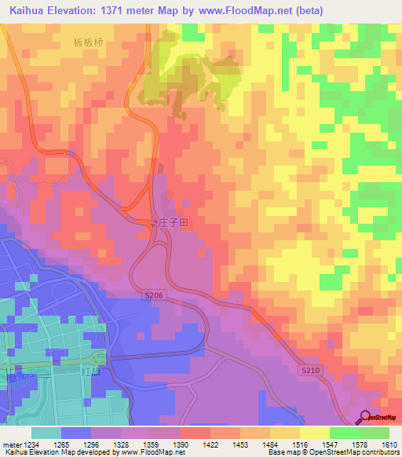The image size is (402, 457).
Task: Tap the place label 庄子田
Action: (174, 223)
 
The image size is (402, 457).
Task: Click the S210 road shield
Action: (311, 368)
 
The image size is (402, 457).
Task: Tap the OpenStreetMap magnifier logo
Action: (366, 418)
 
